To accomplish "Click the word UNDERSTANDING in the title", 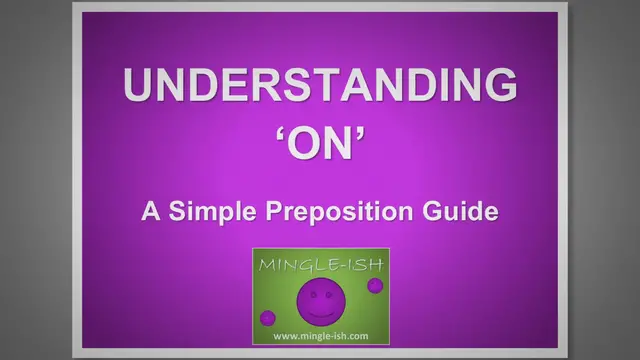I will click(x=320, y=87).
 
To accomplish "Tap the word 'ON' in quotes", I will click(x=320, y=144).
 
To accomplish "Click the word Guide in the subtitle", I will click(x=468, y=212).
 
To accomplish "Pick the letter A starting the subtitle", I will click(x=150, y=212).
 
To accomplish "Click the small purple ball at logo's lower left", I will click(x=268, y=318).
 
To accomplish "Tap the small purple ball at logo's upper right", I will click(x=375, y=286).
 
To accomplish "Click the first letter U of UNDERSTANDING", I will click(x=138, y=87).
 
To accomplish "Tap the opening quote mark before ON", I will click(x=279, y=133).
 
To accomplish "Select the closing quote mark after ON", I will click(x=362, y=133).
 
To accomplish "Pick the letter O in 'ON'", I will click(x=303, y=145).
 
